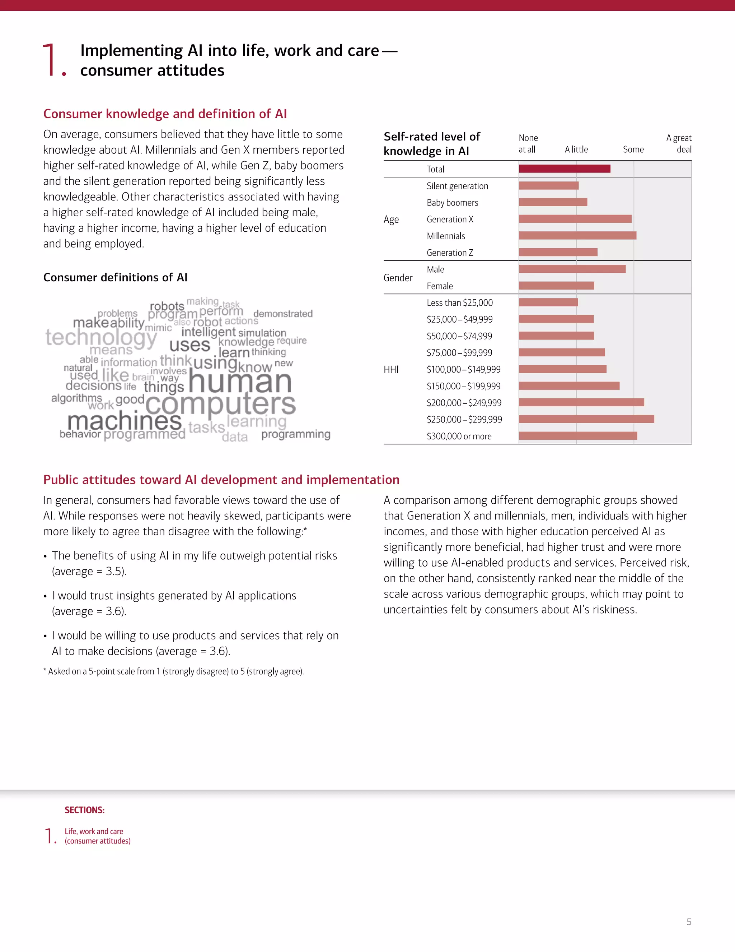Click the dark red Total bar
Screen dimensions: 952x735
pyautogui.click(x=564, y=169)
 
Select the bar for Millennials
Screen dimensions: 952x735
pyautogui.click(x=577, y=235)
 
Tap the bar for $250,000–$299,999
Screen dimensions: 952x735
pyautogui.click(x=586, y=419)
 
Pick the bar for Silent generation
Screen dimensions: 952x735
pyautogui.click(x=549, y=186)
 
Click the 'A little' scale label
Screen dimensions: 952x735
pyautogui.click(x=576, y=149)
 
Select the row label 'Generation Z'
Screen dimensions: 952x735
pyautogui.click(x=450, y=253)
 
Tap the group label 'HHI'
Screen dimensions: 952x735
pyautogui.click(x=391, y=370)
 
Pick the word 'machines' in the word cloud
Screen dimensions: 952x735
pyautogui.click(x=125, y=421)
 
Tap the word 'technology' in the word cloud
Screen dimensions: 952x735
pyautogui.click(x=101, y=337)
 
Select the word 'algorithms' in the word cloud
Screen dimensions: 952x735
pyautogui.click(x=77, y=398)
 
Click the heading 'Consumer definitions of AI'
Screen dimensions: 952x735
pyautogui.click(x=116, y=277)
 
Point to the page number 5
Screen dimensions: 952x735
pyautogui.click(x=689, y=922)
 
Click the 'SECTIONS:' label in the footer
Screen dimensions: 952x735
pyautogui.click(x=84, y=810)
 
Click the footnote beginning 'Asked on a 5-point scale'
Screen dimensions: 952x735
pyautogui.click(x=174, y=671)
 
